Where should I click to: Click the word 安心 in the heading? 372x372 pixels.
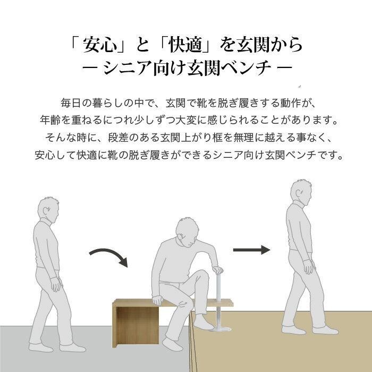click(x=100, y=45)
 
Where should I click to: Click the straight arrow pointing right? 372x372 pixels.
click(x=252, y=250)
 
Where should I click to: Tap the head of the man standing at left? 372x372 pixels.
click(x=48, y=209)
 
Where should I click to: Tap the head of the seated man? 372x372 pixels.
click(x=187, y=232)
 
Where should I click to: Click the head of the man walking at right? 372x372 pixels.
click(x=301, y=192)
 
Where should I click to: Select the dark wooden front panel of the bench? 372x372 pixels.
click(x=138, y=325)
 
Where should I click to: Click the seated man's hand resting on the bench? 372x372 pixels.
click(x=157, y=300)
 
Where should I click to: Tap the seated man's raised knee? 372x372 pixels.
click(x=203, y=275)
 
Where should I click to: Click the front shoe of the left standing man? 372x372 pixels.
click(x=73, y=348)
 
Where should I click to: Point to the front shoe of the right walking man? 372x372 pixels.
click(x=325, y=330)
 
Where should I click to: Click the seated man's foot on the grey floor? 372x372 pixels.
click(x=173, y=344)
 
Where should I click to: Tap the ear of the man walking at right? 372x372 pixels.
click(x=298, y=194)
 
